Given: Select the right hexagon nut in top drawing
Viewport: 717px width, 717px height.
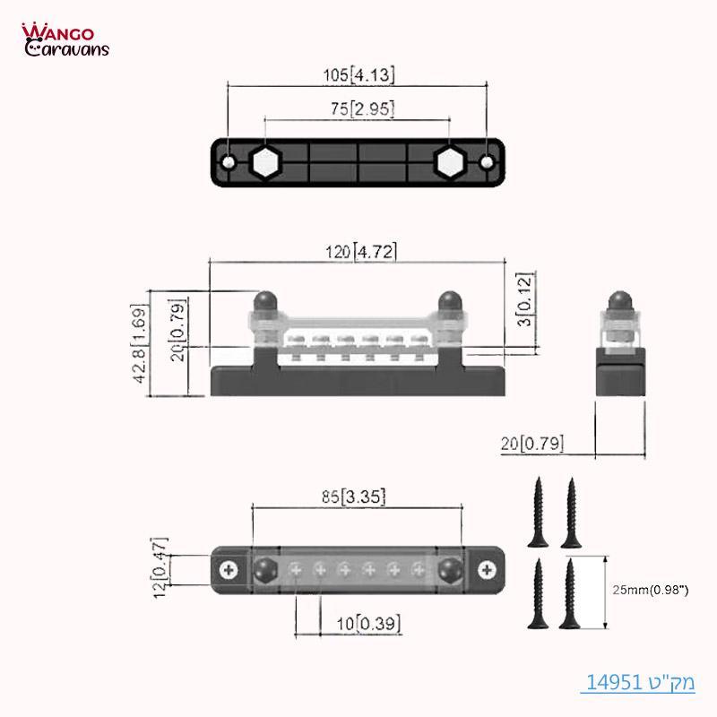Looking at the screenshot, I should click(x=449, y=161).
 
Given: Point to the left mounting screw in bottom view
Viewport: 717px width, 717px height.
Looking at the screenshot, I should click(x=229, y=570).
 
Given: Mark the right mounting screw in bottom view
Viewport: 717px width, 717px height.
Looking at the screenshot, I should click(x=487, y=570).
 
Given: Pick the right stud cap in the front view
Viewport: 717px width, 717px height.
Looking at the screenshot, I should click(x=450, y=301).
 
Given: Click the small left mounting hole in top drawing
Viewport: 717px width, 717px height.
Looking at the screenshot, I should click(x=229, y=162).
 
